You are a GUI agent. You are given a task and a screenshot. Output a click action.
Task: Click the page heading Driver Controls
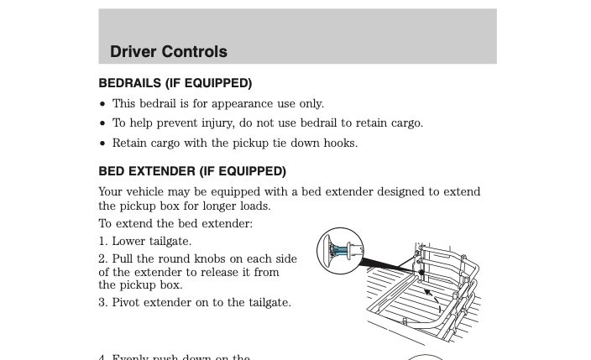[x=168, y=51]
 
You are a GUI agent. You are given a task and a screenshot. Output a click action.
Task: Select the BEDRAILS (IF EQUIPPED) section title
[x=175, y=84]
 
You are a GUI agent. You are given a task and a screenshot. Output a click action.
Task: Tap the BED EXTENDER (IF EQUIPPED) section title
[x=192, y=171]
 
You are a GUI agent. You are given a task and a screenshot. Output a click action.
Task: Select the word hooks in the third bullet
[x=340, y=143]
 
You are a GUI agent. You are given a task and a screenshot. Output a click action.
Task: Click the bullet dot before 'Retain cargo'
[x=103, y=143]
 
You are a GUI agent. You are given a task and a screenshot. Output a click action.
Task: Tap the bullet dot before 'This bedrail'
[x=103, y=104]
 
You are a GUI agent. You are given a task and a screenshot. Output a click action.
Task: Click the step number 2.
[x=102, y=259]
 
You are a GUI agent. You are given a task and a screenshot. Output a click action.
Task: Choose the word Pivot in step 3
[x=128, y=303]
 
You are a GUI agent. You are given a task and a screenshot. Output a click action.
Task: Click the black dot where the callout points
[x=420, y=273]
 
